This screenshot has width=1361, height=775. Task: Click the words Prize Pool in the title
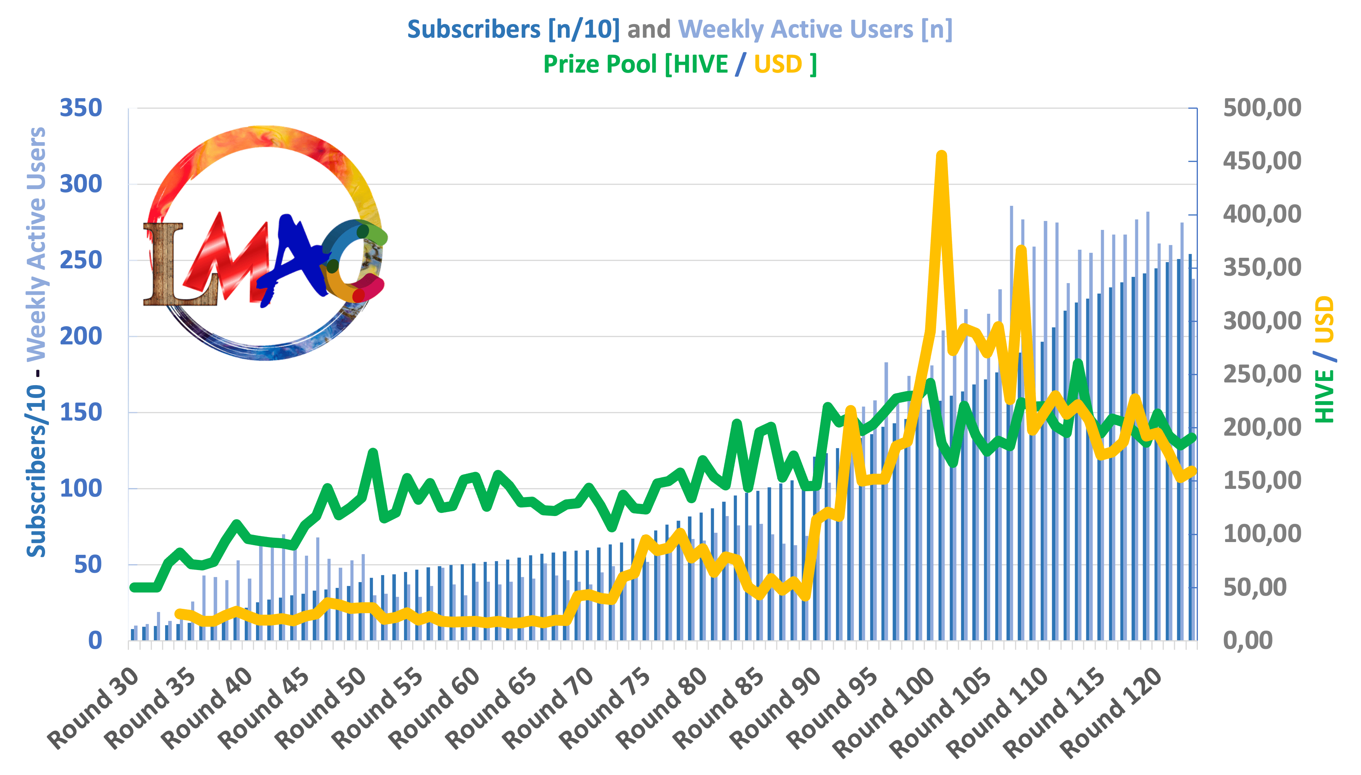(x=600, y=64)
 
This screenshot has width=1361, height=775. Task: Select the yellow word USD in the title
(x=778, y=64)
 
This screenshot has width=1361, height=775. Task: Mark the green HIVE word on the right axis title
(x=1324, y=396)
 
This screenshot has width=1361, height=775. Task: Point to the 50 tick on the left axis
(x=87, y=565)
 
